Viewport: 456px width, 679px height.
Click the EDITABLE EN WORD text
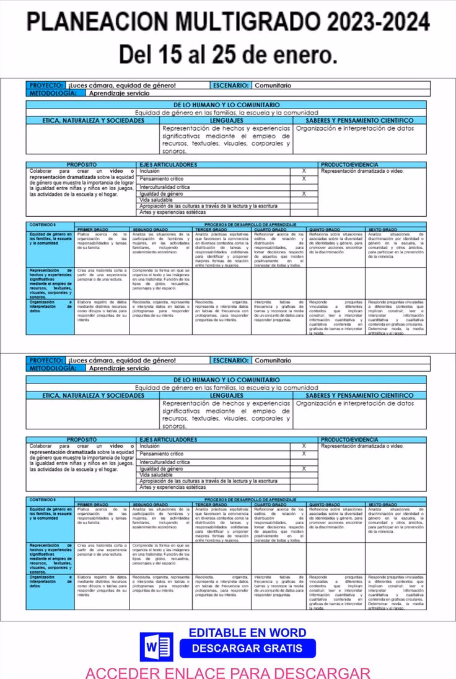click(x=247, y=633)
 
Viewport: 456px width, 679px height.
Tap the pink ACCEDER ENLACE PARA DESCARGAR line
click(x=227, y=672)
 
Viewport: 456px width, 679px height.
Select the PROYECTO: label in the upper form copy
click(x=46, y=85)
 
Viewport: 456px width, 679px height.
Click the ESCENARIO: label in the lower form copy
click(x=231, y=360)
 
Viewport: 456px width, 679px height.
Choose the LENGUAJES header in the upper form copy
click(x=226, y=120)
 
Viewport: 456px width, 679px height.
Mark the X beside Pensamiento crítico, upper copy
click(x=304, y=178)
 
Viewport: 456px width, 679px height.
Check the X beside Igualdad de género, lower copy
click(x=304, y=469)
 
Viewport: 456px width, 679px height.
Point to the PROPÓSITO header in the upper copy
click(x=81, y=165)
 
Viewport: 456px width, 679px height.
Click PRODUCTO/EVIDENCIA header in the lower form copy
click(x=349, y=440)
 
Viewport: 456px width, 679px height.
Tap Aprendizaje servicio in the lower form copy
click(x=119, y=368)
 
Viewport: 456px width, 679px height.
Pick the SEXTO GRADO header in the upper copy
click(x=382, y=229)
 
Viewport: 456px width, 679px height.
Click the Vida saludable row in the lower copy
click(x=156, y=475)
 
